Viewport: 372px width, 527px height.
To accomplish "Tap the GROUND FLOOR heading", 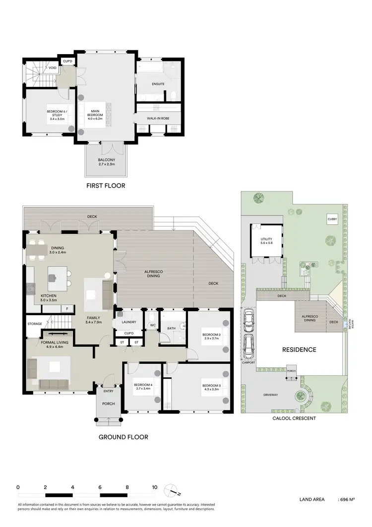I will [123, 437].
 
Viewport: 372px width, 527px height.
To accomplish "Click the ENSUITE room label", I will [158, 84].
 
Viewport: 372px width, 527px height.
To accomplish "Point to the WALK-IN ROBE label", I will [159, 119].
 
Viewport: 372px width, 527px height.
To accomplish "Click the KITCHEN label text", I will [49, 298].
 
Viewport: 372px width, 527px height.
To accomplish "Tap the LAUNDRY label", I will [129, 323].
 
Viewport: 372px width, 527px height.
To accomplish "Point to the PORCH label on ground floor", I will [108, 403].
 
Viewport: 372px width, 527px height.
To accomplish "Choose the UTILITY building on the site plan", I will [267, 242].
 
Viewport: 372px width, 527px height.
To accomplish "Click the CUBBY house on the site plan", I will [332, 219].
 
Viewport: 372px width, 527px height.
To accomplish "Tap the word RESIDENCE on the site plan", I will [299, 350].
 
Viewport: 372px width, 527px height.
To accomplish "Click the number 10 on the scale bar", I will [155, 487].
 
